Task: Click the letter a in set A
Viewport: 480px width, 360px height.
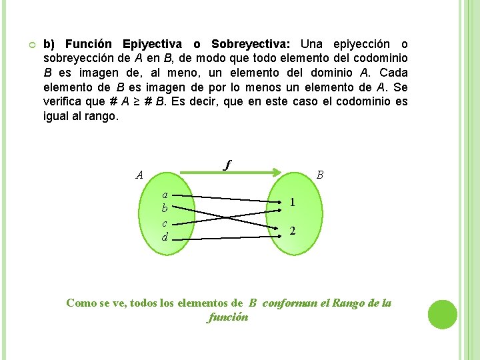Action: tap(165, 195)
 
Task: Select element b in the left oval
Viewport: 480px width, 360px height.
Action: tap(165, 209)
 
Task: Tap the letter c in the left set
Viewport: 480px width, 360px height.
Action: tap(165, 223)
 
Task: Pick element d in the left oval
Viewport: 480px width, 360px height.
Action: tap(165, 237)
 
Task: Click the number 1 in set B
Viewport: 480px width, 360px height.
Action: tap(293, 203)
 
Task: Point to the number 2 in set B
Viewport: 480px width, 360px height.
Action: tap(293, 231)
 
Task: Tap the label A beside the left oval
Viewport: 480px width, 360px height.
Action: tap(139, 175)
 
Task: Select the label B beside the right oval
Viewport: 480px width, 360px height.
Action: tap(320, 175)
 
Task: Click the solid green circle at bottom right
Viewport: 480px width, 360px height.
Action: tap(443, 315)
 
